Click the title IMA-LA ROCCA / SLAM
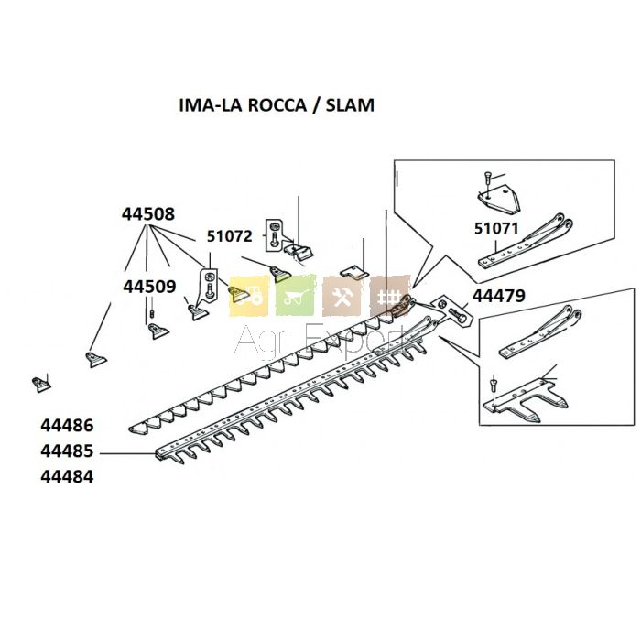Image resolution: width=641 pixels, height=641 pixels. [x=276, y=105]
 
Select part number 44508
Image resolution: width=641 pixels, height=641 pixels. [x=147, y=214]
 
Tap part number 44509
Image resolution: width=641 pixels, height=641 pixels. [x=149, y=287]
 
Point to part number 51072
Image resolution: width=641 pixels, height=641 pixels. [x=229, y=236]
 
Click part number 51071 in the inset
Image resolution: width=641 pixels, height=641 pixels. [x=495, y=229]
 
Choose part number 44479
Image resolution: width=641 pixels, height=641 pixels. [x=498, y=295]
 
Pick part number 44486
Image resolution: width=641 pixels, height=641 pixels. [x=67, y=426]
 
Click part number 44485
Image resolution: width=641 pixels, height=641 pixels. [x=67, y=451]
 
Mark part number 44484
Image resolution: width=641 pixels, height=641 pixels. [x=67, y=477]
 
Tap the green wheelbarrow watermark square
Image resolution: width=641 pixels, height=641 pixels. [x=296, y=296]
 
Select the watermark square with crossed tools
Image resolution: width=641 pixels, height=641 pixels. [x=343, y=296]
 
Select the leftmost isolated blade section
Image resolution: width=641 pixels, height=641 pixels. [x=39, y=381]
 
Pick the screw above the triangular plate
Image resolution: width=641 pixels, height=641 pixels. [x=488, y=177]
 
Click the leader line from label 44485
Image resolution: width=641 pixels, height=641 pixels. [x=128, y=452]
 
